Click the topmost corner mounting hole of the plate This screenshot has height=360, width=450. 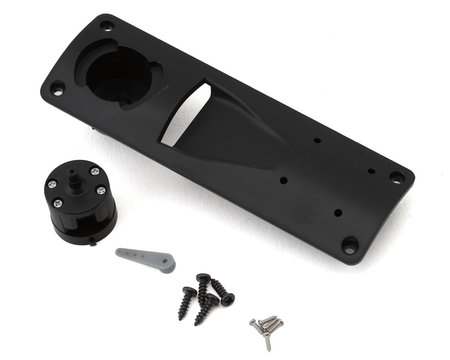[107, 27]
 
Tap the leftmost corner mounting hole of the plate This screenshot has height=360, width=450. [57, 88]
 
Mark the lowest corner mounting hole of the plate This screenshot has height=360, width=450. [349, 246]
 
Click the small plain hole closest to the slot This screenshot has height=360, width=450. [284, 180]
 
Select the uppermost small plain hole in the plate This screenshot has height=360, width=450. [317, 141]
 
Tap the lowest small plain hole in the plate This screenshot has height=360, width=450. [338, 213]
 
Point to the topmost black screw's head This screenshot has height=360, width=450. [203, 278]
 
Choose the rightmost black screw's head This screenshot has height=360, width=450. [228, 299]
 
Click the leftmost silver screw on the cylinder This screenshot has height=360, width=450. [52, 184]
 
